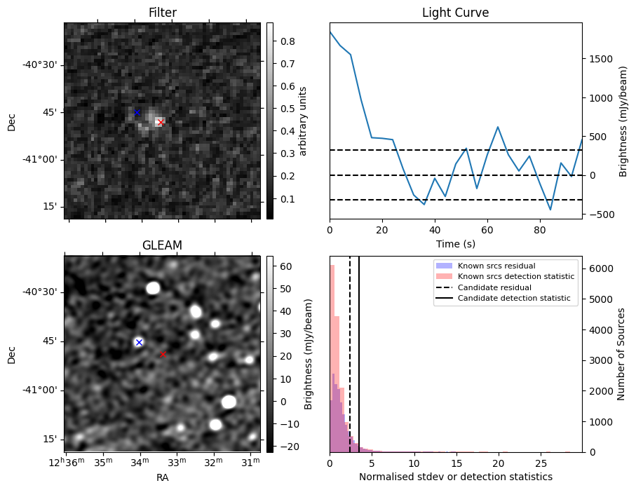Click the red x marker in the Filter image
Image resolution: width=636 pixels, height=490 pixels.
[x=161, y=123]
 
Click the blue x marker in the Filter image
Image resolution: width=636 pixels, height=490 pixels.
[x=137, y=112]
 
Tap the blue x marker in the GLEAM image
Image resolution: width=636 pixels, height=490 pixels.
[x=139, y=342]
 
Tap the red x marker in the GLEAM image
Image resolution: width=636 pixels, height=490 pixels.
[x=163, y=355]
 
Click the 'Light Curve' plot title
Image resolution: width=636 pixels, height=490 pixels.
[x=455, y=13]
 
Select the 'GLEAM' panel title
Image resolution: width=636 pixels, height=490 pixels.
[x=162, y=245]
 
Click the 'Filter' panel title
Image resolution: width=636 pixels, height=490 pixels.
[x=162, y=13]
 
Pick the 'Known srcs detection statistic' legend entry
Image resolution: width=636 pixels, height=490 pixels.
[x=515, y=277]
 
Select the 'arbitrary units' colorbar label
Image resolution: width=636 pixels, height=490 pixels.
[x=303, y=121]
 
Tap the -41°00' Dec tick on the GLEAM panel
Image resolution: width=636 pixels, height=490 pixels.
[x=41, y=390]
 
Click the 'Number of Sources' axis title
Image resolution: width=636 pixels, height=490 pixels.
[x=621, y=353]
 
